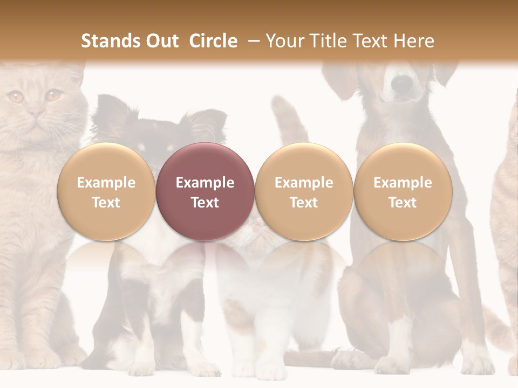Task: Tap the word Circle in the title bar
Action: point(213,41)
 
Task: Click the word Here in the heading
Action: point(414,41)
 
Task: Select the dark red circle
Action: point(205,191)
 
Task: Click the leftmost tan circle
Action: point(106,191)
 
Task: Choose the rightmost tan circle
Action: point(403,191)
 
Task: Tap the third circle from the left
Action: point(304,191)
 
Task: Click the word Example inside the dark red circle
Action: point(205,183)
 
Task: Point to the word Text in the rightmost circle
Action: point(403,203)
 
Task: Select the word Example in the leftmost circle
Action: point(106,183)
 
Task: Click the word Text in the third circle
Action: point(304,203)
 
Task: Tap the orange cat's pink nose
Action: point(36,113)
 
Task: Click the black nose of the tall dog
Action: point(401,83)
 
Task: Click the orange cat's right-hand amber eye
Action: point(52,96)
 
